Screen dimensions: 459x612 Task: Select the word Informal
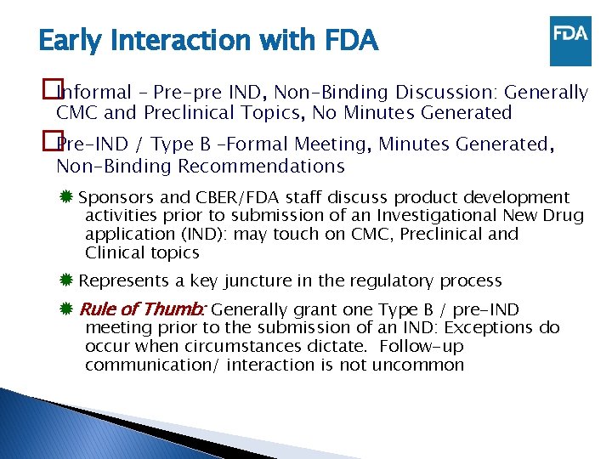[94, 92]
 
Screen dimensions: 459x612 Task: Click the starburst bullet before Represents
[66, 280]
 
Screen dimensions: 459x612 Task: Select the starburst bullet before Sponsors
[66, 197]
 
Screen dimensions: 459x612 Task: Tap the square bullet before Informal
[48, 91]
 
